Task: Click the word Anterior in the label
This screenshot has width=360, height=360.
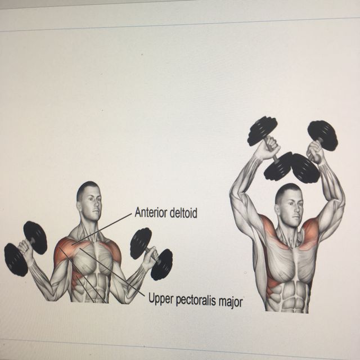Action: pyautogui.click(x=151, y=213)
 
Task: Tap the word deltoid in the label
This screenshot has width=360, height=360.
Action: pyautogui.click(x=183, y=213)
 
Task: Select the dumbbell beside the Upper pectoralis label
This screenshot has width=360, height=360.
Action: pyautogui.click(x=151, y=254)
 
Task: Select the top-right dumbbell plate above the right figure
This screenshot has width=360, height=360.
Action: pyautogui.click(x=323, y=134)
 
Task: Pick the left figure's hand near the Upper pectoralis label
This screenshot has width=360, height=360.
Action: pyautogui.click(x=149, y=259)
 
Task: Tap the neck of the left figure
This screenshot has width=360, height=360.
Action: pyautogui.click(x=89, y=222)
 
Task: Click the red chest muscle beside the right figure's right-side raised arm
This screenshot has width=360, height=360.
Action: pyautogui.click(x=308, y=234)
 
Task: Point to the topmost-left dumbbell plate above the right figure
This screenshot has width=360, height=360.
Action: pyautogui.click(x=262, y=130)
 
